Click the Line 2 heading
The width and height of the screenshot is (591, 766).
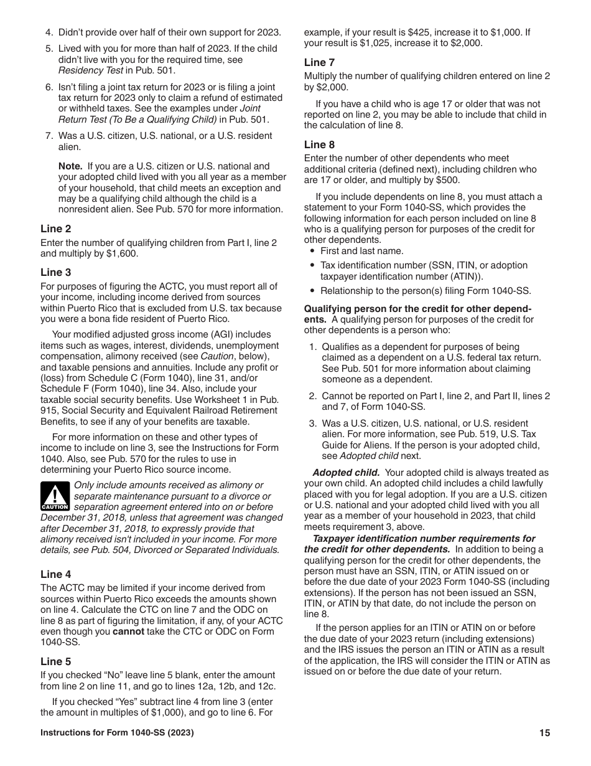click(x=55, y=229)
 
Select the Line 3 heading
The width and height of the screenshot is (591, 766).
click(x=55, y=272)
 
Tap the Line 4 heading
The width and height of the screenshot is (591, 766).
click(x=55, y=574)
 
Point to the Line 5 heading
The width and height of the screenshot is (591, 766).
click(x=55, y=661)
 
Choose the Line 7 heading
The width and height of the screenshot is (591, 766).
click(x=319, y=62)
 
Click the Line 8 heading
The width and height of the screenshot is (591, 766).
click(x=319, y=144)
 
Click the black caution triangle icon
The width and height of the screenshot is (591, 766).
click(x=55, y=496)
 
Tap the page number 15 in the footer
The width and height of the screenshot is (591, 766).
click(x=544, y=733)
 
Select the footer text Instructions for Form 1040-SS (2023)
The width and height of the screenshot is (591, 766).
click(x=117, y=733)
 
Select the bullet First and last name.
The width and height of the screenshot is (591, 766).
click(x=362, y=251)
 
